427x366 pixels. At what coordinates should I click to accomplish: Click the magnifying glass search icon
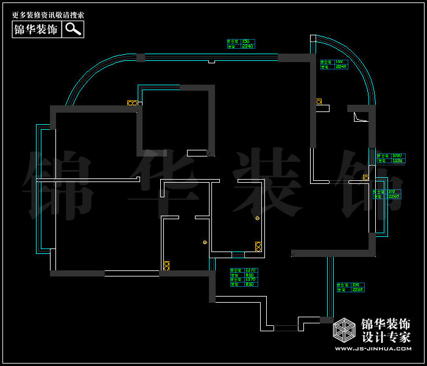73,29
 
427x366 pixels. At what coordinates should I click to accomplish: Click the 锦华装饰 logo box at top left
37,29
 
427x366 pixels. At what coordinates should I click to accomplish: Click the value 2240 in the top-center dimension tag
248,46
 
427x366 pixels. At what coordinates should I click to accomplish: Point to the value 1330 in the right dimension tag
398,161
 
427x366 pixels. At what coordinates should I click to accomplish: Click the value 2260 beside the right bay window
393,196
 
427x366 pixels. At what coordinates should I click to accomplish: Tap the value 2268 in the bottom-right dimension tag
358,290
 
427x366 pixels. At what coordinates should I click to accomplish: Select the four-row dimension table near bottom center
244,277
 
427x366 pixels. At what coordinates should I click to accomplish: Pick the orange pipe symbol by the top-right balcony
319,102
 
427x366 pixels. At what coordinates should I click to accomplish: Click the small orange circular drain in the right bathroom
258,218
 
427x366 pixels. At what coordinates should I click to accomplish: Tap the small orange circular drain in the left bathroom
205,242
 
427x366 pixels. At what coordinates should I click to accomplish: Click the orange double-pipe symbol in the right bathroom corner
258,246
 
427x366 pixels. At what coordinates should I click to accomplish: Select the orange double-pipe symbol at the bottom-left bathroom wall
166,266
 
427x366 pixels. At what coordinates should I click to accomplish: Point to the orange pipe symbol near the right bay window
365,178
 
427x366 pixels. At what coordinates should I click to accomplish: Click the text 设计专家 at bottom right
386,337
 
